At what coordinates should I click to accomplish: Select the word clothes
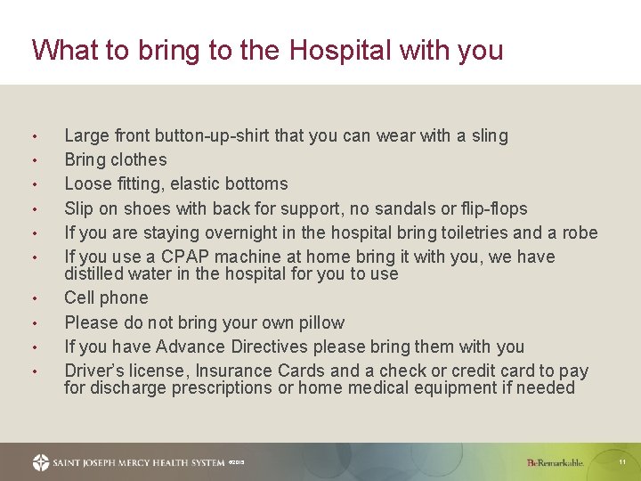tap(139, 160)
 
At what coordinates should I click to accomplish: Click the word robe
tap(580, 233)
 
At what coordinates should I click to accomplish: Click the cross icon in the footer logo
tap(41, 462)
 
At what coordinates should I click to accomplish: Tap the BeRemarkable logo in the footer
tap(555, 462)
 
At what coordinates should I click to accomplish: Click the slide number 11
tap(622, 462)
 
